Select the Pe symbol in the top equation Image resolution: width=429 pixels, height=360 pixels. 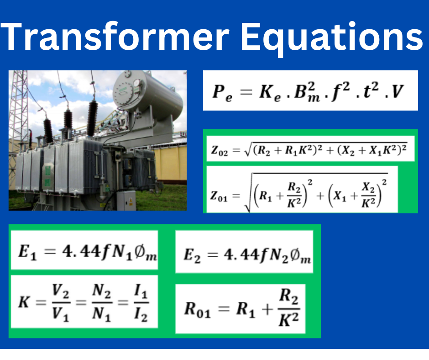click(x=222, y=92)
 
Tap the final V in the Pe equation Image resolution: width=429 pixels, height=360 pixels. click(x=398, y=92)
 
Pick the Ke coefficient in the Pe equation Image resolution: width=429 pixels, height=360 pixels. click(x=271, y=93)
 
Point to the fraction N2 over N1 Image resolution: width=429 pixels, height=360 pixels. click(x=101, y=303)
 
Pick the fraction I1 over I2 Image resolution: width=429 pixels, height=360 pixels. click(x=141, y=303)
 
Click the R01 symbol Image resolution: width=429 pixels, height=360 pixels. click(x=197, y=309)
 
